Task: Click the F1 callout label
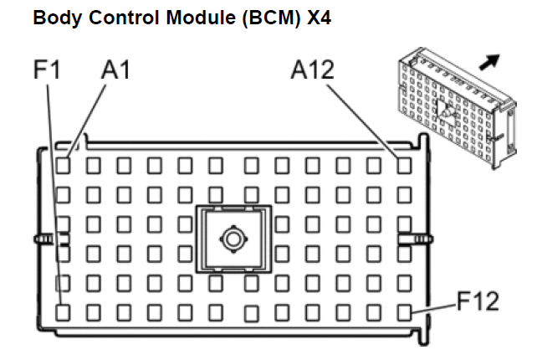click(47, 69)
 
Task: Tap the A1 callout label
click(115, 69)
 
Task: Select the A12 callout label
click(312, 69)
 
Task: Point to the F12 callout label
click(478, 301)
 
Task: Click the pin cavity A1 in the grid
click(63, 166)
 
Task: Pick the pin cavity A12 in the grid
click(404, 166)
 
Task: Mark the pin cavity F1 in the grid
click(63, 312)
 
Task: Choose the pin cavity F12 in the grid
click(404, 312)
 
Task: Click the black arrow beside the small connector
click(489, 62)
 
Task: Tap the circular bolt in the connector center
click(233, 239)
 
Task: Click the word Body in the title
click(57, 18)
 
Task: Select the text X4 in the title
click(319, 18)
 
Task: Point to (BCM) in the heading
click(271, 18)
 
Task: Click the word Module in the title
click(201, 18)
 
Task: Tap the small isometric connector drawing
click(458, 108)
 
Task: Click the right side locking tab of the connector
click(415, 239)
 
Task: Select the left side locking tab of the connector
click(51, 239)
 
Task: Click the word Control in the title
click(124, 18)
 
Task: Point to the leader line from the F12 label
click(434, 308)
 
